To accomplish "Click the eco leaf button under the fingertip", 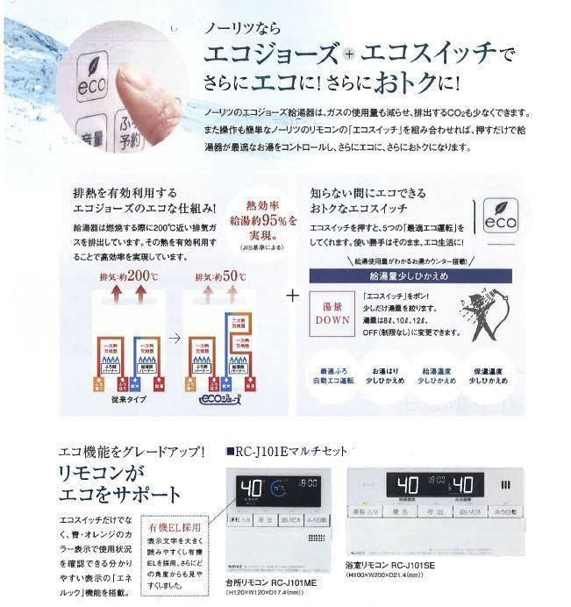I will (x=92, y=76).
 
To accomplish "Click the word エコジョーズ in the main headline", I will (x=269, y=54).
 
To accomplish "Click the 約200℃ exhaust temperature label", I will (x=128, y=277).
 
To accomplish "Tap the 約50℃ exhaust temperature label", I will (x=224, y=277).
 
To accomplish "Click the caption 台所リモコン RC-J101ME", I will (x=272, y=582).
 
